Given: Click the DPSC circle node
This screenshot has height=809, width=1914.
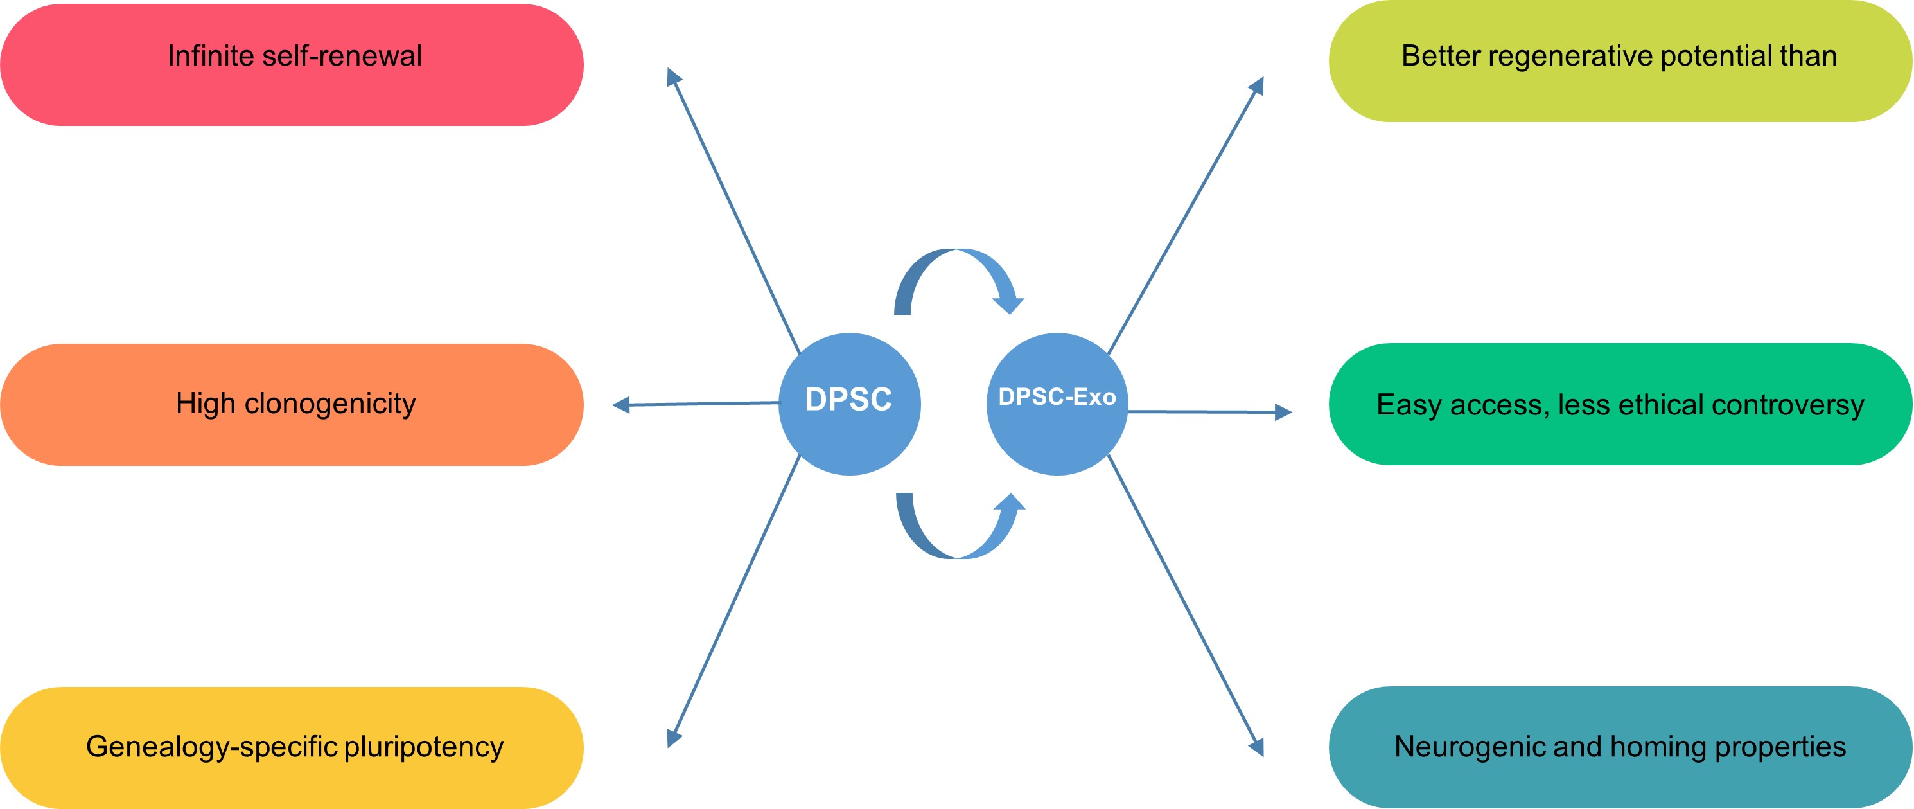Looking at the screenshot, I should click(849, 404).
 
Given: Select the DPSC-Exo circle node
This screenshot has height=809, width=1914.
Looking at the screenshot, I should click(1057, 404).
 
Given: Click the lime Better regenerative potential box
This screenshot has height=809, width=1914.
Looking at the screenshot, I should click(1620, 61).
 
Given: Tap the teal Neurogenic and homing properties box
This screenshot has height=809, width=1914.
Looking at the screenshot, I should click(1620, 747).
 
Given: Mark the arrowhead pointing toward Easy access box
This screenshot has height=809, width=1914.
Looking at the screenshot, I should click(1283, 412).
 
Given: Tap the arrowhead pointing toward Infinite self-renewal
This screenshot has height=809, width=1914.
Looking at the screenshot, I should click(673, 76).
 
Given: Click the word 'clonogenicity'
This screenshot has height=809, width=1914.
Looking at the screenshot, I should click(330, 404).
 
